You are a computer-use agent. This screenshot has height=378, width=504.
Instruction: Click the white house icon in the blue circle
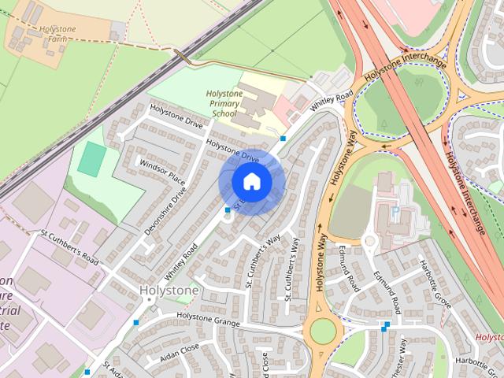[251, 182]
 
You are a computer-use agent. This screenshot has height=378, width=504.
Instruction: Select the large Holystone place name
[169, 291]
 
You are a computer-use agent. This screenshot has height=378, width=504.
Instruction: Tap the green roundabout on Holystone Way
[322, 331]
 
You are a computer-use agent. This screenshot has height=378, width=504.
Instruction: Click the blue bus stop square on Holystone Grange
[136, 322]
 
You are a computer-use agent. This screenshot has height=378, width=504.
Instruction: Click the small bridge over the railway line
[182, 57]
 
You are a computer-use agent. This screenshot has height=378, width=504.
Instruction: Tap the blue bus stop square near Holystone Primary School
[283, 139]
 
